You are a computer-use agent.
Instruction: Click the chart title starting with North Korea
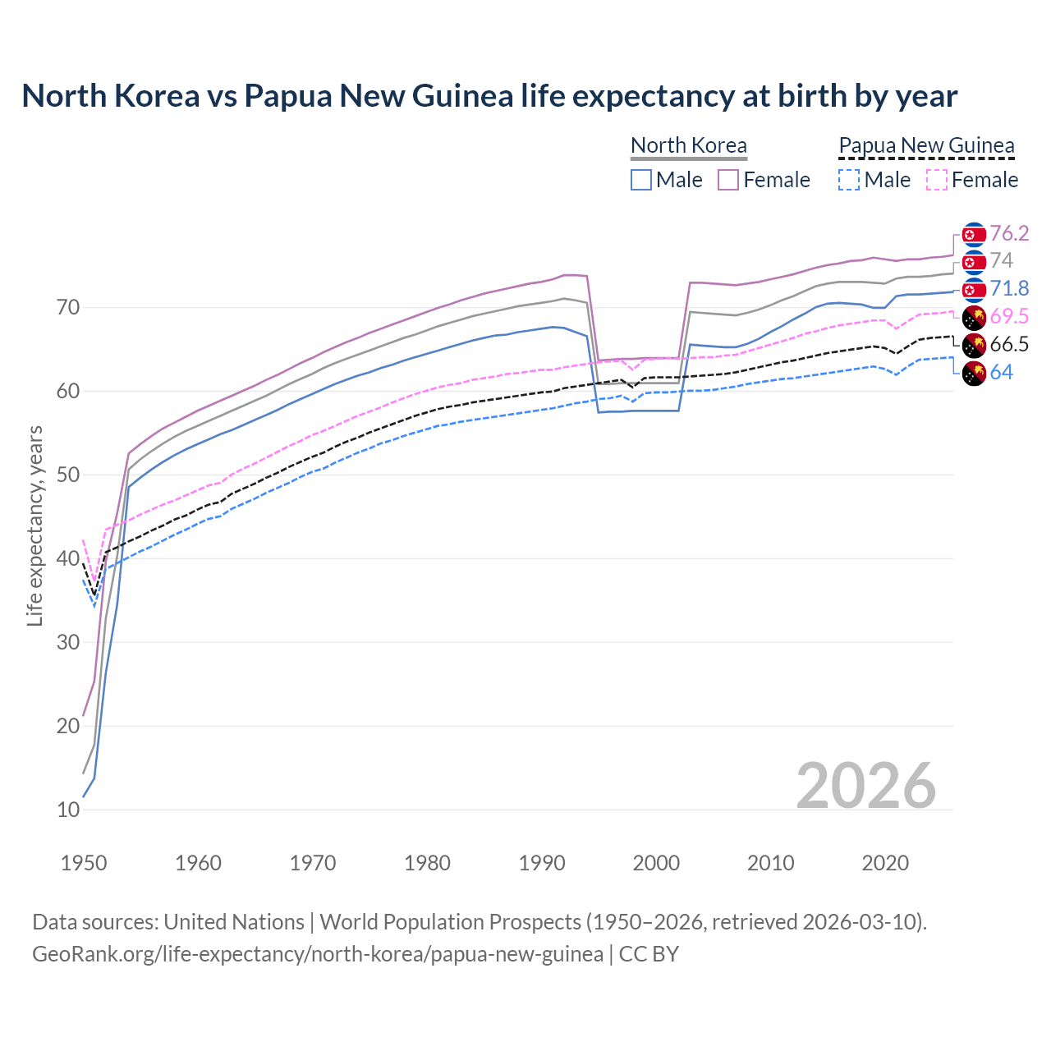coord(489,96)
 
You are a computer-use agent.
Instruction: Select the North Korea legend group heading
coord(688,145)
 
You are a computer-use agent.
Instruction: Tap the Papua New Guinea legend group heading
coord(926,145)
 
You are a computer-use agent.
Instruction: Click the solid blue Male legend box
coord(641,180)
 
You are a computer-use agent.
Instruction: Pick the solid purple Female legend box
coord(728,180)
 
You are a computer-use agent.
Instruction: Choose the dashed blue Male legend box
coord(849,180)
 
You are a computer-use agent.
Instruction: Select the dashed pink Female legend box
coord(936,180)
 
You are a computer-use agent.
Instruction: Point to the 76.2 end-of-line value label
coord(1008,233)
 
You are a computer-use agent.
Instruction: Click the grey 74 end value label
coord(1001,260)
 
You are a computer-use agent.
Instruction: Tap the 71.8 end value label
coord(1008,288)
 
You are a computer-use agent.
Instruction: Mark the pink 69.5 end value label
coord(1008,316)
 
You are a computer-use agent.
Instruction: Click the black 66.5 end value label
coord(1008,344)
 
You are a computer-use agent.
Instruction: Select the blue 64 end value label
coord(1001,372)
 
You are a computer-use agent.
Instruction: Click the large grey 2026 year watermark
coord(866,786)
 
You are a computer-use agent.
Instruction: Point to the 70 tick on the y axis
coord(68,308)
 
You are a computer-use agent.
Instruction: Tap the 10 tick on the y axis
coord(68,810)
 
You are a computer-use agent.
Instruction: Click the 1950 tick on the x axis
coord(84,863)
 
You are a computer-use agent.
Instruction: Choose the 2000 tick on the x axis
coord(656,863)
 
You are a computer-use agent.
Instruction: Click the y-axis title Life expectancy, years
coord(34,525)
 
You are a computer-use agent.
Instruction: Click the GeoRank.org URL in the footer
coord(318,954)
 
